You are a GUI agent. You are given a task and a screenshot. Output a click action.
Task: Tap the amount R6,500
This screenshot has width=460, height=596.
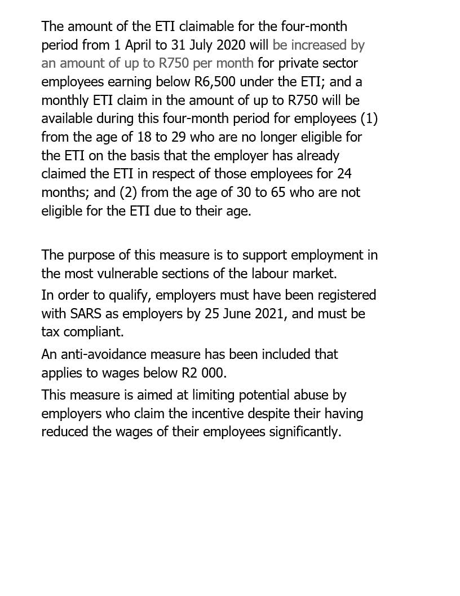click(214, 82)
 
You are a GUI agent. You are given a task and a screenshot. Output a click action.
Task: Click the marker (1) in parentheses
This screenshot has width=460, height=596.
click(369, 119)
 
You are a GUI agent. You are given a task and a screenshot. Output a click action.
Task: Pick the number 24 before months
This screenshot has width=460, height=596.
click(344, 174)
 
